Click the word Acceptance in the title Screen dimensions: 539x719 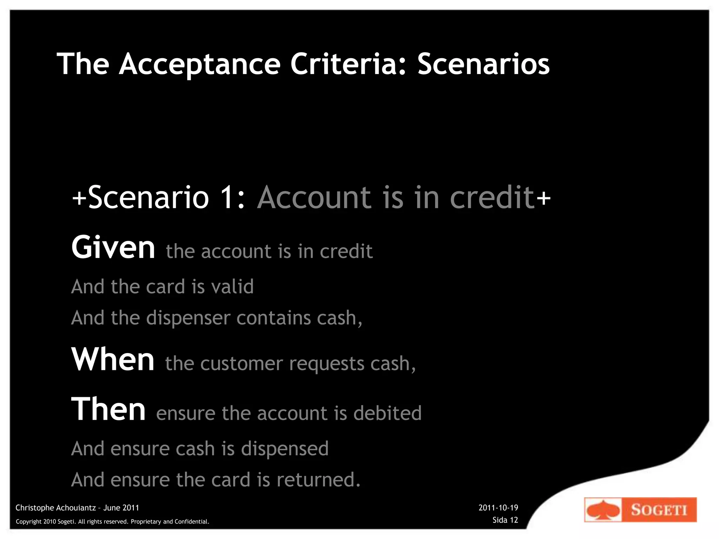(x=199, y=65)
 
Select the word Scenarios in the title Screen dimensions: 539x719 (x=483, y=65)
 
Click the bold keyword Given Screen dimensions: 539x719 (x=113, y=248)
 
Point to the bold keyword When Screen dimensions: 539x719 (x=113, y=359)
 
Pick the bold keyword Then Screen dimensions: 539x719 (x=108, y=409)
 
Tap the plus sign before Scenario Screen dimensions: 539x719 (x=79, y=198)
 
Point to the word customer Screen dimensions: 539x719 (x=242, y=364)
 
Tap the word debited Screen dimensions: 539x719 (x=387, y=413)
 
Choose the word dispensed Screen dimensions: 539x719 (x=285, y=449)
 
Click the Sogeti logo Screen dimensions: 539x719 (x=640, y=510)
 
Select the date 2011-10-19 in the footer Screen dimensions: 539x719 (x=498, y=508)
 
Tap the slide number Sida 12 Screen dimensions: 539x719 (x=505, y=520)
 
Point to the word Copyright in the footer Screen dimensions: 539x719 (x=29, y=522)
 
